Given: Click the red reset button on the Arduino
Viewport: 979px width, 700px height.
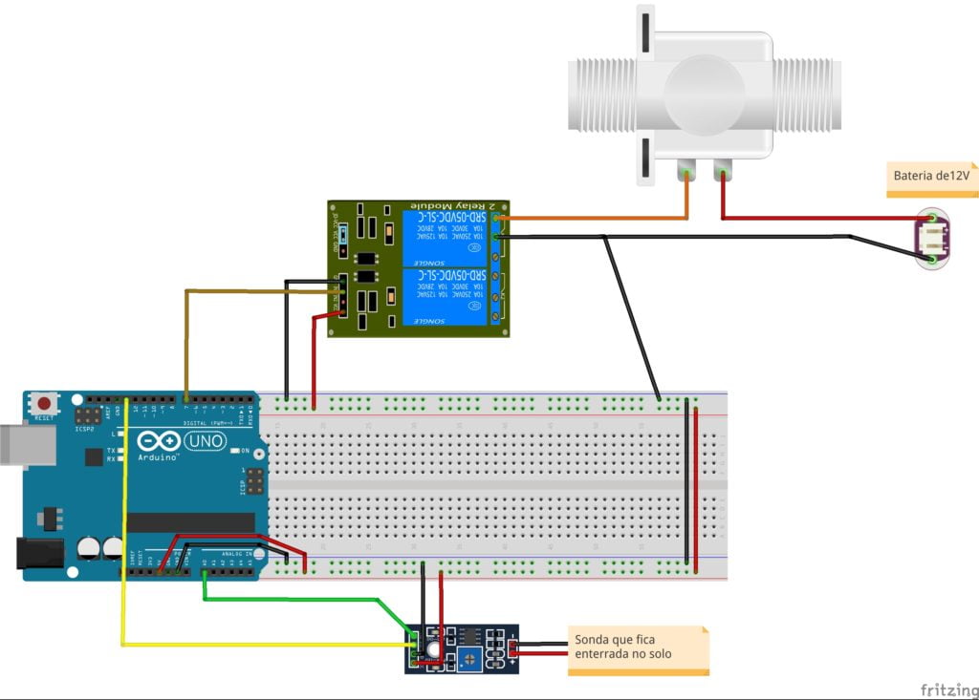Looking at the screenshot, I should pos(43,403).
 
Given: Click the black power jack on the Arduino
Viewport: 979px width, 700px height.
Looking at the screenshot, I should pos(39,553).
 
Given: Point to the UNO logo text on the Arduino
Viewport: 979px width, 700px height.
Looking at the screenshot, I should pos(204,441).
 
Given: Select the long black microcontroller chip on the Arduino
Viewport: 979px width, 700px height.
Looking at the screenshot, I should pos(190,522).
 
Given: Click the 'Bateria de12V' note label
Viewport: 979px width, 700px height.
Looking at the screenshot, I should pos(932,177).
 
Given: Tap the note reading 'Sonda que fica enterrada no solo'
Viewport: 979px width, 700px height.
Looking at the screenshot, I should pos(637,647).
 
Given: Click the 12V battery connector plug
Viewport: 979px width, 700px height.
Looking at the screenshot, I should pos(932,238).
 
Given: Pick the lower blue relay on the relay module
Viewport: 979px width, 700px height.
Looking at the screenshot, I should pos(445,297).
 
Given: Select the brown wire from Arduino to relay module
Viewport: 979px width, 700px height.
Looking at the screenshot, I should pos(185,334).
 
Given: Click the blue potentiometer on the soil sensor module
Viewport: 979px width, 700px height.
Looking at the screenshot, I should pos(471,657).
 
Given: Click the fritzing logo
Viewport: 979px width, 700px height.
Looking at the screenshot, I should pos(946,689).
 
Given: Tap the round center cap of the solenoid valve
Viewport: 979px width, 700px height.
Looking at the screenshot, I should pos(703,94).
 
